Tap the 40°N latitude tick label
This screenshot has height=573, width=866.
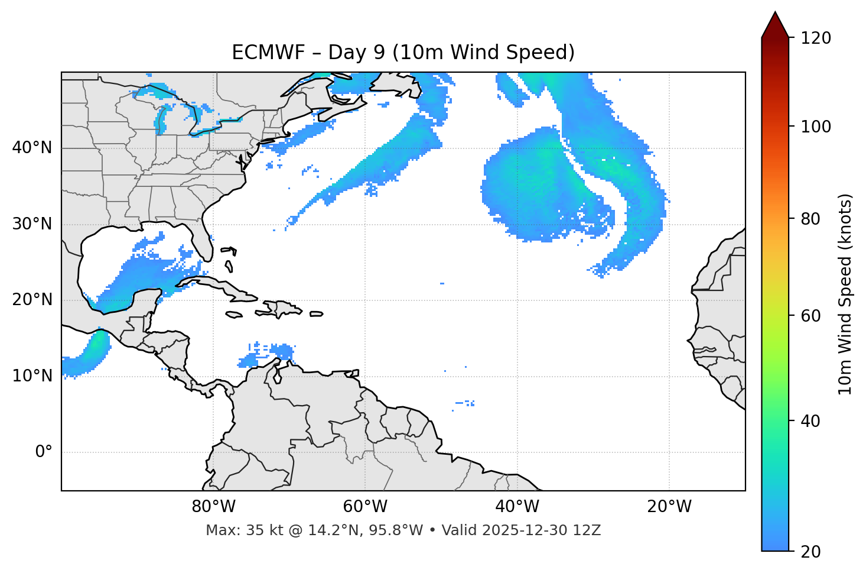32,148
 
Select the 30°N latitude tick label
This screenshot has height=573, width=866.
32,224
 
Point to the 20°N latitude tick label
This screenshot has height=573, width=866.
32,300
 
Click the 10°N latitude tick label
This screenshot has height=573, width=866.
32,376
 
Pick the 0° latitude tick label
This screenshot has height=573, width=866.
44,452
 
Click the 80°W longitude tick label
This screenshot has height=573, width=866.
213,507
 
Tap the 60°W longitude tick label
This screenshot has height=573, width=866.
365,507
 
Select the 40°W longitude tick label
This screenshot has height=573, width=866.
517,507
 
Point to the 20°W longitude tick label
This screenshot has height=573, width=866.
669,507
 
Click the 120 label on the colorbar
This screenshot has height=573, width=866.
816,38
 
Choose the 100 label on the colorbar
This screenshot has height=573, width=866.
816,127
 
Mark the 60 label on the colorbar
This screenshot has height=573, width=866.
811,316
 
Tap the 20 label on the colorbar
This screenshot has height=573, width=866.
811,552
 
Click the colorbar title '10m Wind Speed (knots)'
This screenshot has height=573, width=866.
845,294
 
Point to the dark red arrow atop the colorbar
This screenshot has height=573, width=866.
774,25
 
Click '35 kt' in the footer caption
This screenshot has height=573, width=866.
258,530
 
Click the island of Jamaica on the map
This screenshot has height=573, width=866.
234,315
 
